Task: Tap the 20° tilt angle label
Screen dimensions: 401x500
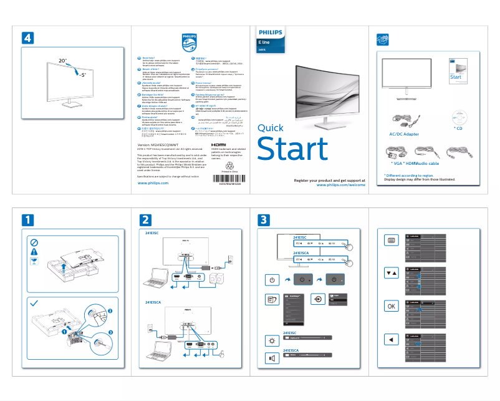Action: pos(62,61)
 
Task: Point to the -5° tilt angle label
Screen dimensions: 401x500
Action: pos(82,74)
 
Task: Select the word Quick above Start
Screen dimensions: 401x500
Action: pos(270,128)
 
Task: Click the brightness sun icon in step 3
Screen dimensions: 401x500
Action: pos(271,340)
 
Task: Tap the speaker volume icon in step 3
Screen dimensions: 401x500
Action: pos(271,358)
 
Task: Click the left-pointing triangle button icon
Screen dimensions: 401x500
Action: pos(391,339)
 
